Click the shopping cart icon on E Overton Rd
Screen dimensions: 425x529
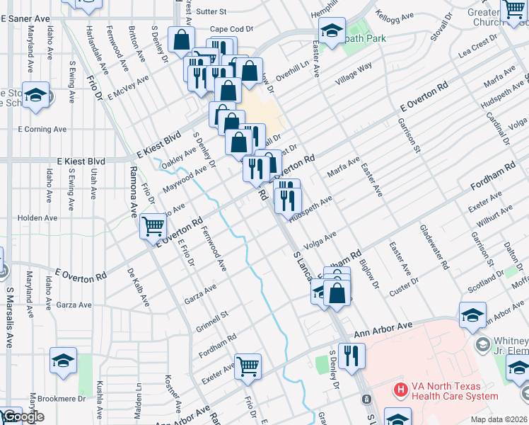coord(153,227)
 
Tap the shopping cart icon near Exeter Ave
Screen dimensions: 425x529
coord(248,366)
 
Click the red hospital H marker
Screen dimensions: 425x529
coord(400,389)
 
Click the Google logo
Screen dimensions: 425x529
coord(23,417)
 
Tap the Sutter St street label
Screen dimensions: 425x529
coord(211,12)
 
